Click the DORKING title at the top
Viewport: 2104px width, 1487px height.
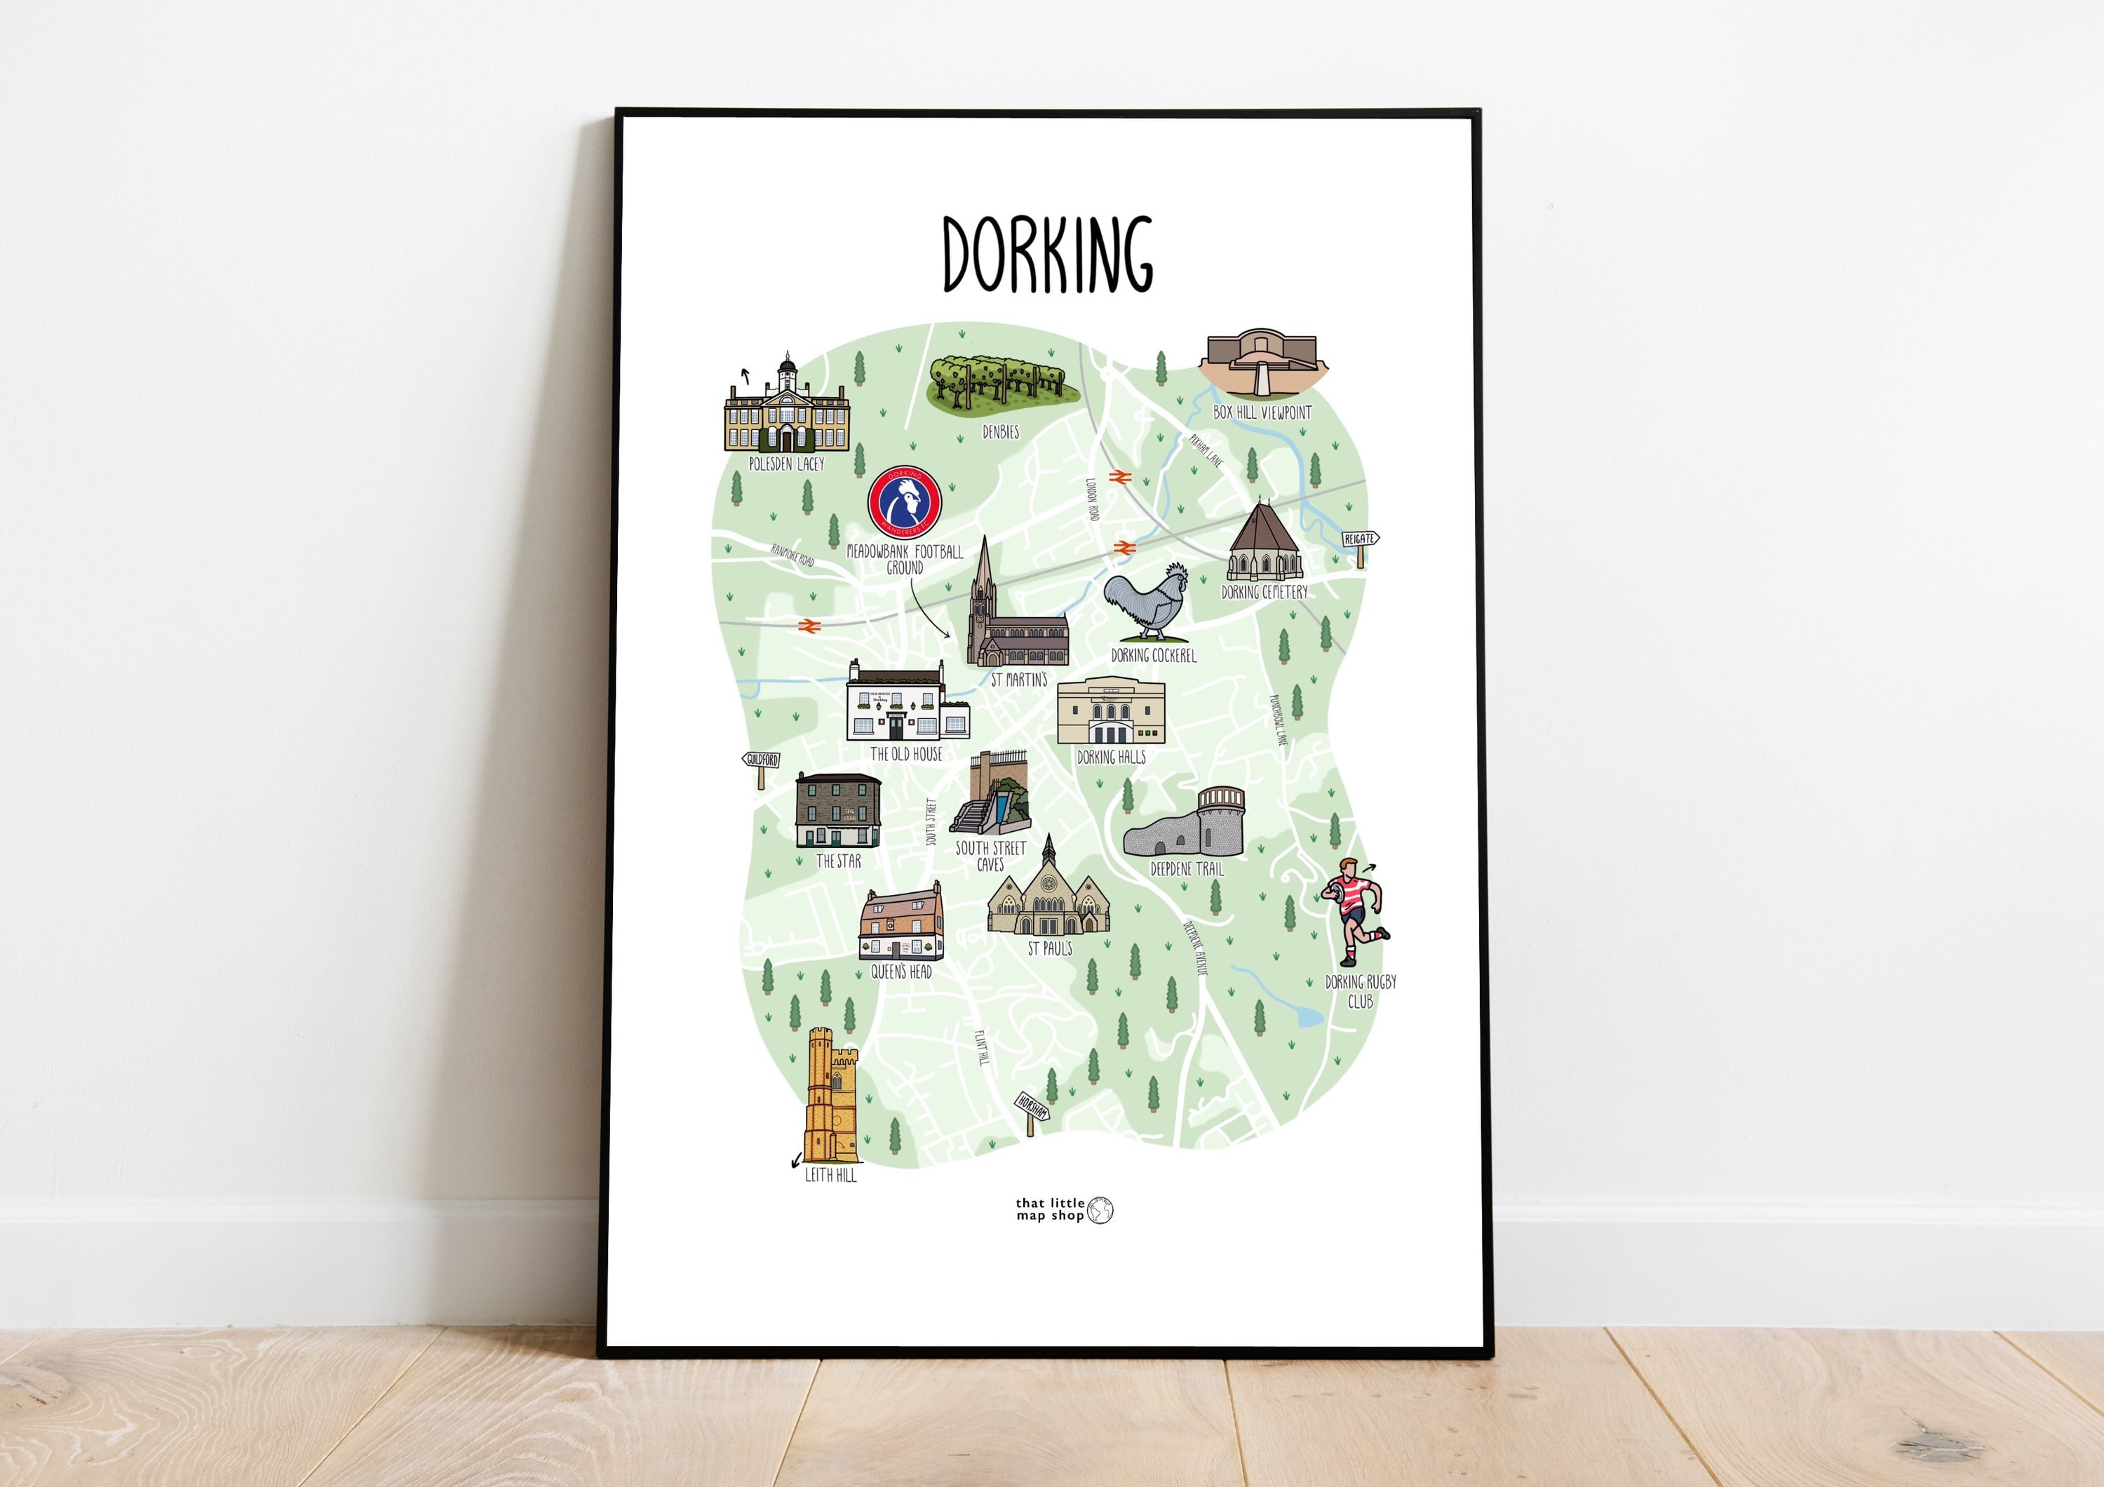click(x=1047, y=255)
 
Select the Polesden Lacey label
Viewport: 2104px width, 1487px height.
click(x=786, y=464)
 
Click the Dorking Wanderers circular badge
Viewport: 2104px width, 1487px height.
click(x=905, y=503)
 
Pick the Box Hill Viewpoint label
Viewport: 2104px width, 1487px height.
click(x=1262, y=413)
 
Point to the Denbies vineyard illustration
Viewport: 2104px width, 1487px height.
click(x=1001, y=384)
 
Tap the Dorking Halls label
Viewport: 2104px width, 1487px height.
click(x=1111, y=758)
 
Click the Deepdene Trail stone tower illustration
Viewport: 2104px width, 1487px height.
click(x=1186, y=823)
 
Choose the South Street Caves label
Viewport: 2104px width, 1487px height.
click(x=990, y=856)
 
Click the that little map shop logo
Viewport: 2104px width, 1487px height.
click(x=1064, y=1209)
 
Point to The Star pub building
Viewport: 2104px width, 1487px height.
click(x=837, y=810)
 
